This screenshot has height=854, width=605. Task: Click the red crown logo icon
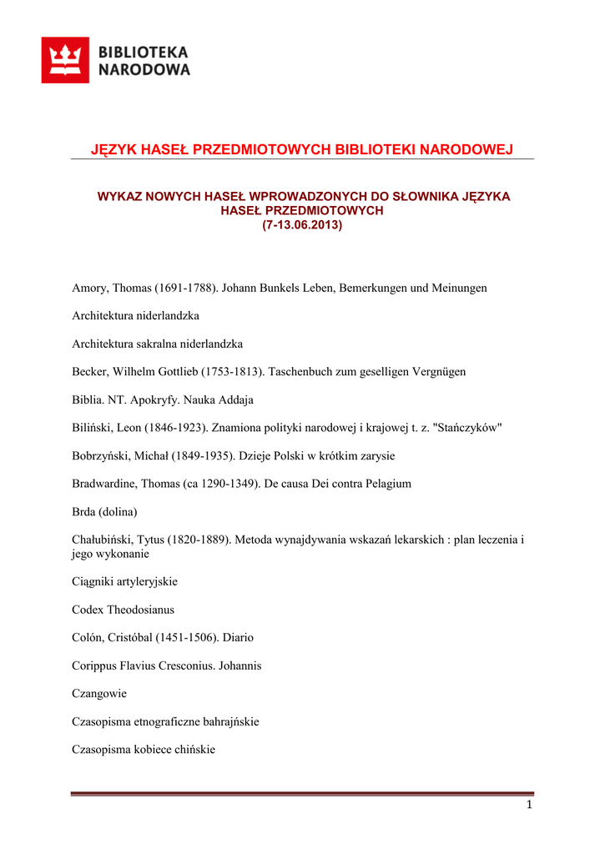[x=65, y=60]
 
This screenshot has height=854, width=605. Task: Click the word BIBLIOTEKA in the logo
[x=144, y=52]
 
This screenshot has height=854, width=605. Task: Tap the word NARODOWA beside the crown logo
[x=144, y=70]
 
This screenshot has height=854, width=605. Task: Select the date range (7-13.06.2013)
[x=302, y=225]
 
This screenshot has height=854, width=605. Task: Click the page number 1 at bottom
[x=529, y=805]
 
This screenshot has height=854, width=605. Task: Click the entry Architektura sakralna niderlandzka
[x=157, y=344]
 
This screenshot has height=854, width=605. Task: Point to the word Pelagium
[x=386, y=484]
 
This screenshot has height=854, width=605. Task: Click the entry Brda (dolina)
[x=104, y=512]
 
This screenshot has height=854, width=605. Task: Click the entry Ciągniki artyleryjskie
[x=124, y=581]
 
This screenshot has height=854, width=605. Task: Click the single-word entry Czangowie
[x=99, y=693]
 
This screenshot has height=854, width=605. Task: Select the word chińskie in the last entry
[x=195, y=750]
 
